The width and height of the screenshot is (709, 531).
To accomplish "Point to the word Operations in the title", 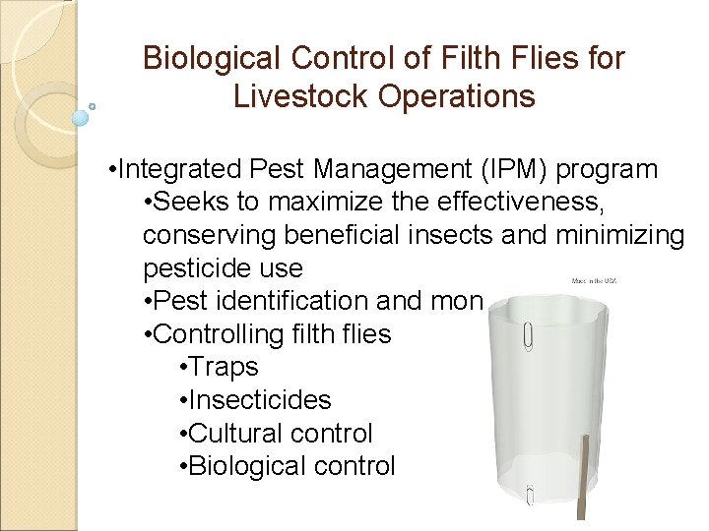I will pyautogui.click(x=461, y=96).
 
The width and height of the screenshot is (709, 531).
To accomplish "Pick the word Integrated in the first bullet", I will pyautogui.click(x=181, y=169).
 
